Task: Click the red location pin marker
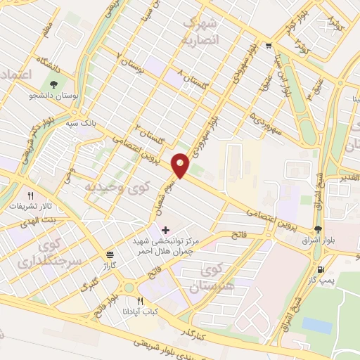(181, 165)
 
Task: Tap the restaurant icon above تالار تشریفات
(30, 195)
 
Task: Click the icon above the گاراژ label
(109, 255)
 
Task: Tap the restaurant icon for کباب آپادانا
(140, 300)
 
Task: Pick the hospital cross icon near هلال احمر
(165, 229)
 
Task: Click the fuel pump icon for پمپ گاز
(321, 269)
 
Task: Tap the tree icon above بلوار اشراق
(319, 229)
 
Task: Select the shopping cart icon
(269, 47)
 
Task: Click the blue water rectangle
(316, 326)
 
